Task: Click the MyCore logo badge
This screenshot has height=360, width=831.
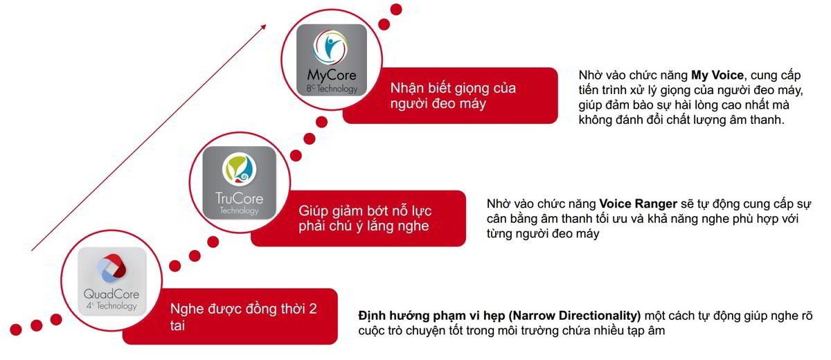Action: (x=331, y=61)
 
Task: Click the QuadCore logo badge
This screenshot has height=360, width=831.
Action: (x=111, y=281)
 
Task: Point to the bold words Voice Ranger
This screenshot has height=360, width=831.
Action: (x=638, y=204)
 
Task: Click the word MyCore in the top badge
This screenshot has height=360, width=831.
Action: (x=331, y=75)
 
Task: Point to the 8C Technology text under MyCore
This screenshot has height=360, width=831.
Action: (x=332, y=89)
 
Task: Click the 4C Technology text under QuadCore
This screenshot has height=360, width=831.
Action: (x=111, y=305)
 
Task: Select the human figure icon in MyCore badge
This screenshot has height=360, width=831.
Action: (x=332, y=48)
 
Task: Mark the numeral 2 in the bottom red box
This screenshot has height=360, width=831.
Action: (x=312, y=309)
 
